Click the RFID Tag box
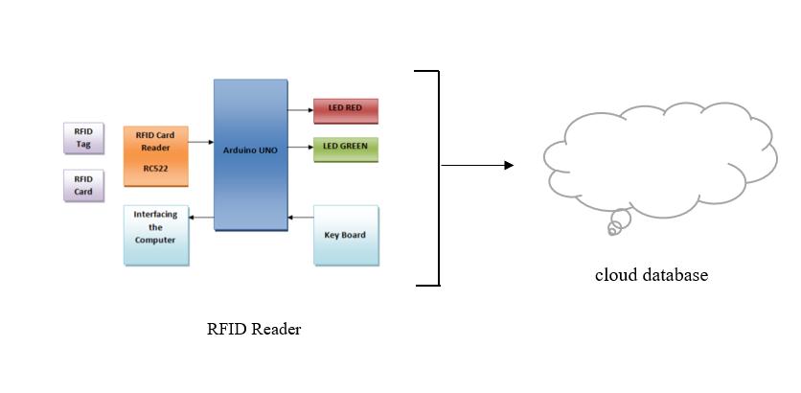pyautogui.click(x=83, y=138)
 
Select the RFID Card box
pyautogui.click(x=83, y=186)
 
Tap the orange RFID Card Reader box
pyautogui.click(x=156, y=156)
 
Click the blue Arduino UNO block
pyautogui.click(x=250, y=155)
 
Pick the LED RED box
pyautogui.click(x=346, y=111)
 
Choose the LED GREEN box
pyautogui.click(x=346, y=150)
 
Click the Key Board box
pyautogui.click(x=346, y=236)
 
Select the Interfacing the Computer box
pyautogui.click(x=156, y=236)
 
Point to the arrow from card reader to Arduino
pyautogui.click(x=201, y=142)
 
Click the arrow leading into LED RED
pyautogui.click(x=301, y=110)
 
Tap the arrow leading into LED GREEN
pyautogui.click(x=301, y=148)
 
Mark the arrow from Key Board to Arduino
pyautogui.click(x=301, y=218)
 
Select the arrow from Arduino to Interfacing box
pyautogui.click(x=201, y=218)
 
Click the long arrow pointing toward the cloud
pyautogui.click(x=477, y=165)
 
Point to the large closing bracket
pyautogui.click(x=438, y=178)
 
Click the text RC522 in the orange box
pyautogui.click(x=155, y=168)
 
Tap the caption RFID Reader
pyautogui.click(x=254, y=329)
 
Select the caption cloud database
pyautogui.click(x=652, y=275)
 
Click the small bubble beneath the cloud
pyautogui.click(x=619, y=222)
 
